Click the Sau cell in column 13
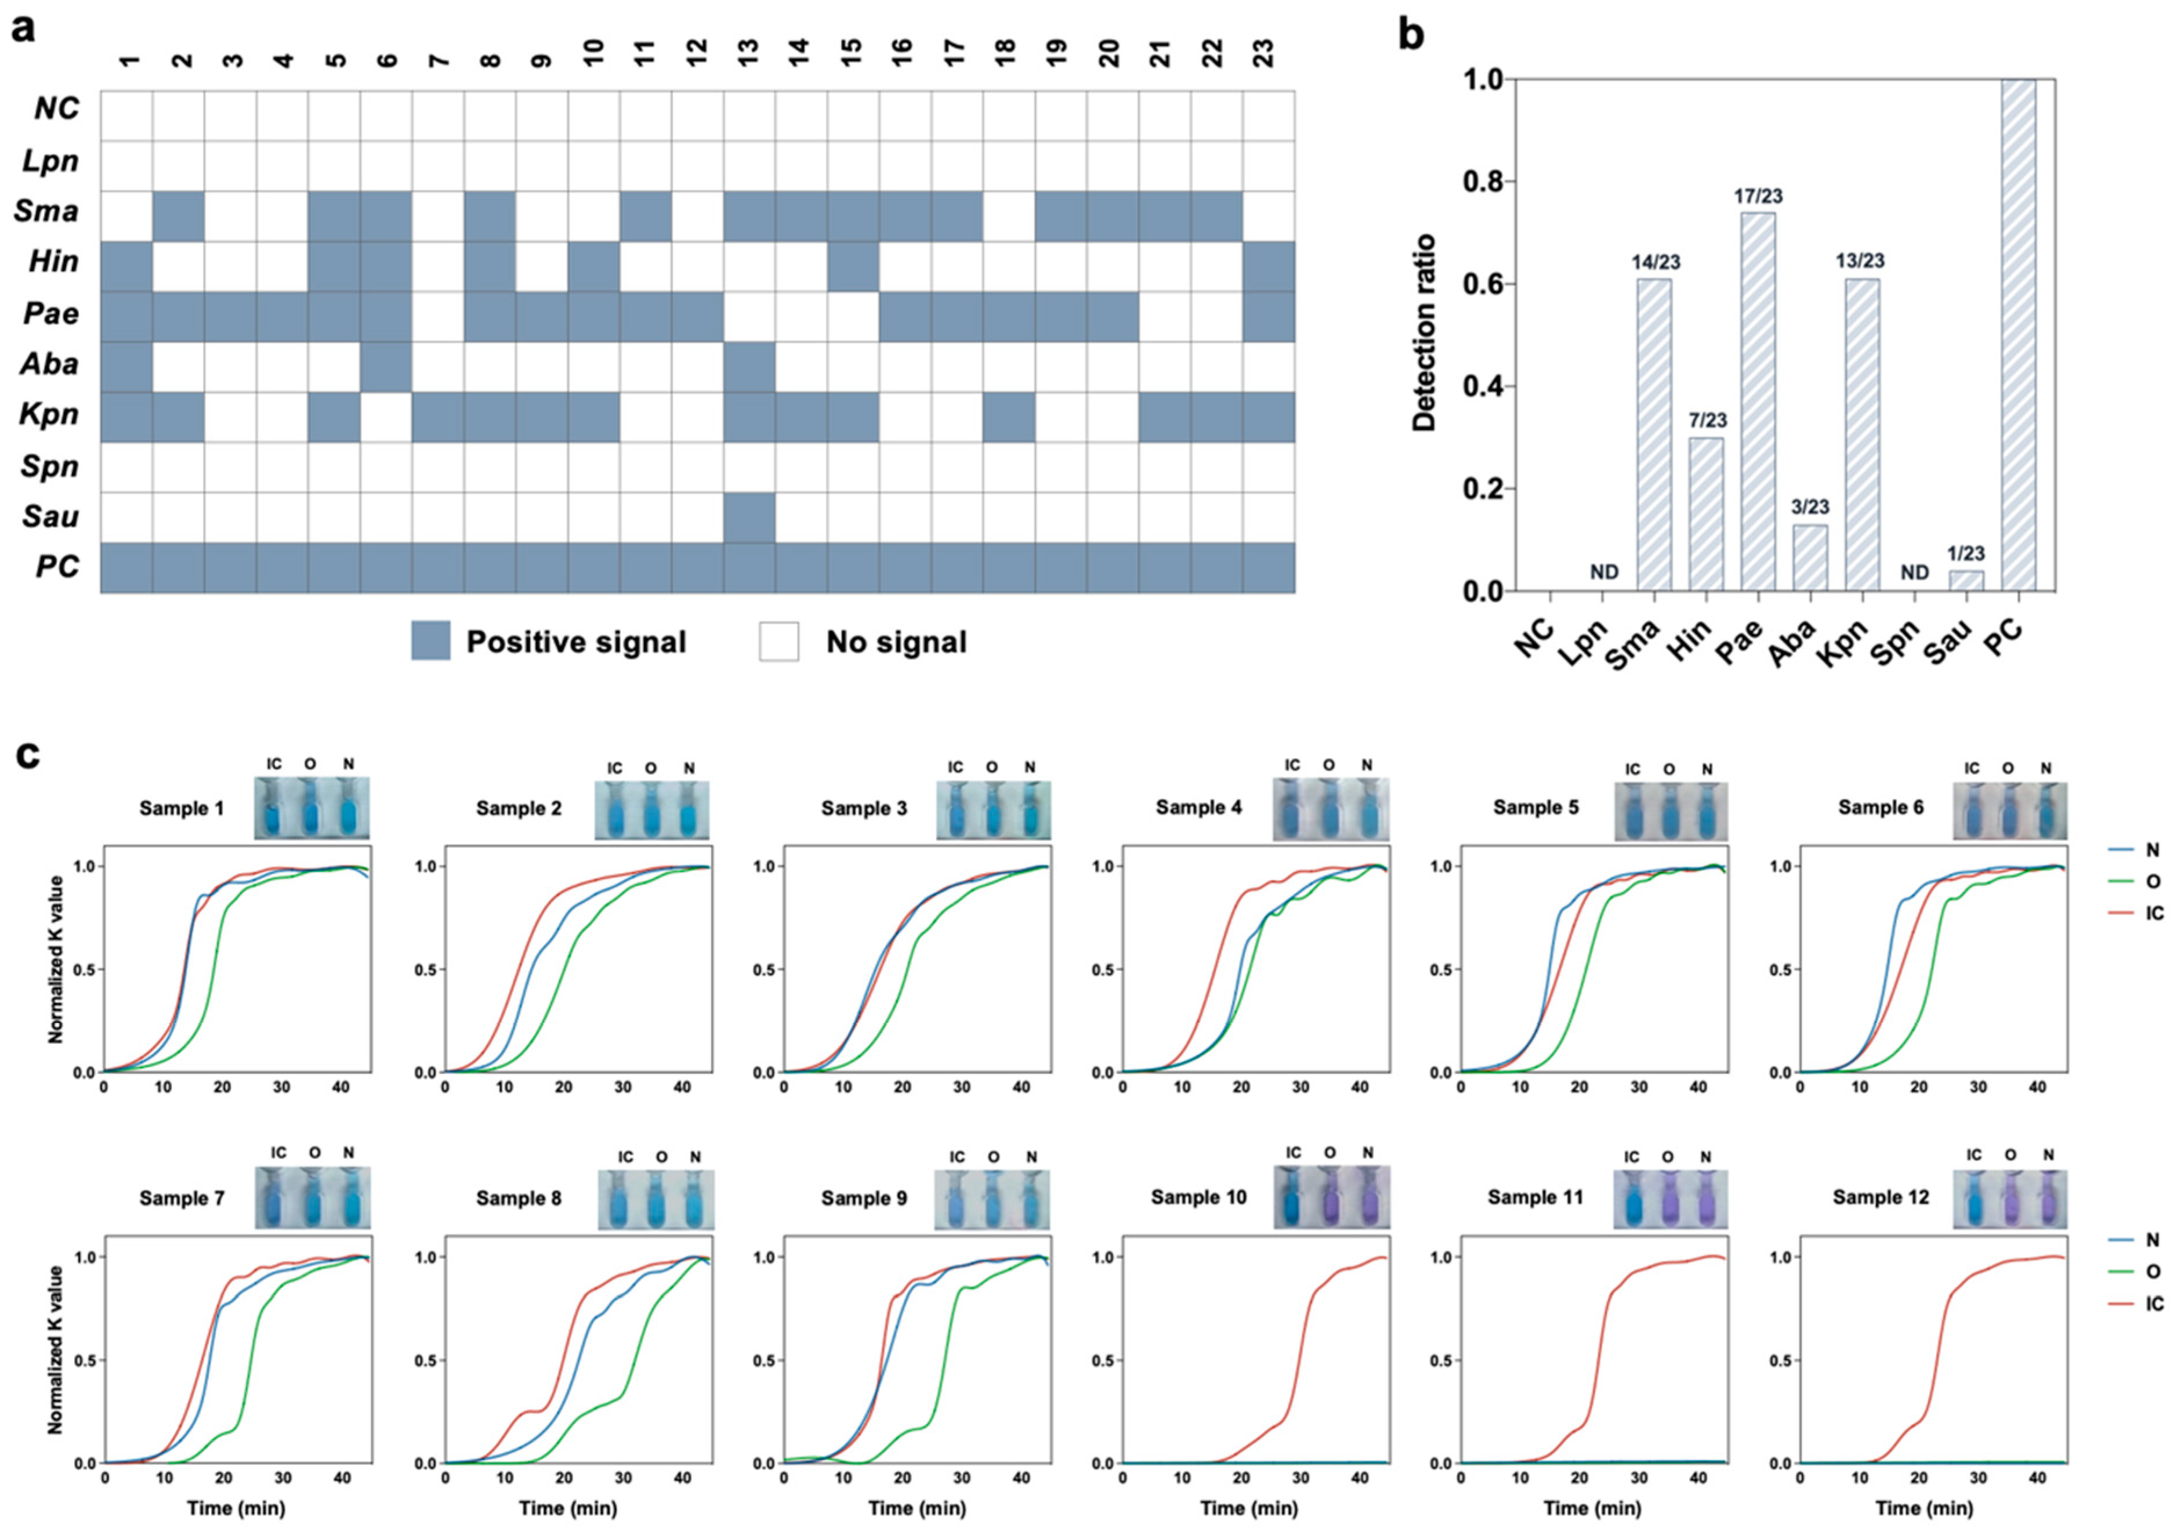point(749,517)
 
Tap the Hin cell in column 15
point(852,266)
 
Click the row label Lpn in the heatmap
point(50,161)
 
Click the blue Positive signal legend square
point(430,641)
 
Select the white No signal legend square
point(778,641)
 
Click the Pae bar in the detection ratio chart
point(1758,402)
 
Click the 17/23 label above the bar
point(1758,196)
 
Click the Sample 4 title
point(1198,808)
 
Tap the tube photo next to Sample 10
point(1330,1197)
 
